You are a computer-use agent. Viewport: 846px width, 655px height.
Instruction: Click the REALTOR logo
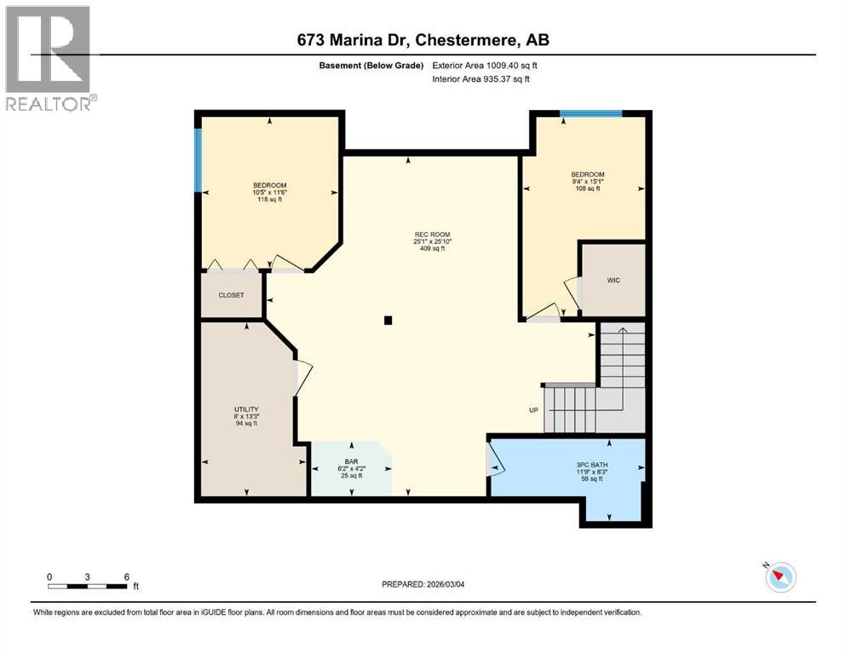click(49, 58)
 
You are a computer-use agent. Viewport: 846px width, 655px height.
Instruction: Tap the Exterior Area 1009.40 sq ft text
click(485, 65)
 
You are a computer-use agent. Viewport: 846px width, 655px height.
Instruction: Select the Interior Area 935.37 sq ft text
click(481, 79)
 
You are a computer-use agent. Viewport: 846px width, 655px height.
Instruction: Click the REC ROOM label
click(432, 235)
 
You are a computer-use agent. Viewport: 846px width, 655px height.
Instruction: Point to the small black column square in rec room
click(388, 321)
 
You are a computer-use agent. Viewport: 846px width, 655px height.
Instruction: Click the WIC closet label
click(613, 279)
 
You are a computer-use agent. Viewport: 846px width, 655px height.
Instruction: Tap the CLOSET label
click(231, 295)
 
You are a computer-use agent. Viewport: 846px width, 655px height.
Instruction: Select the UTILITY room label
click(246, 409)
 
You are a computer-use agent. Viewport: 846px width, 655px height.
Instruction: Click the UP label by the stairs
click(534, 410)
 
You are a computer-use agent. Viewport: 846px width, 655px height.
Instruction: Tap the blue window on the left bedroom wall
click(199, 160)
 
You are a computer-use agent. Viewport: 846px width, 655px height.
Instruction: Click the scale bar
click(88, 585)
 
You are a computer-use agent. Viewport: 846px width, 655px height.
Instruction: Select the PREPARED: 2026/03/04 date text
click(430, 584)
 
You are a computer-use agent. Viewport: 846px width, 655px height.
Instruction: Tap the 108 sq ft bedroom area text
click(588, 188)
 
